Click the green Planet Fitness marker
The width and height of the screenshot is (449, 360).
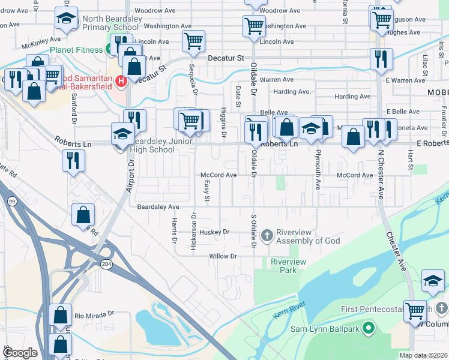click(112, 50)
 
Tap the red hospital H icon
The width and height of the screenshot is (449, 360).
click(121, 80)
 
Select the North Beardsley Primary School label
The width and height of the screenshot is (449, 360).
click(110, 23)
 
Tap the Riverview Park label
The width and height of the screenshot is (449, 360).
click(288, 266)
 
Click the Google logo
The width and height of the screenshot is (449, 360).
click(20, 353)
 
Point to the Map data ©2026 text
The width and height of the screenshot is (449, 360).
click(423, 355)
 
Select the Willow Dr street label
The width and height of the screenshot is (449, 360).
click(223, 256)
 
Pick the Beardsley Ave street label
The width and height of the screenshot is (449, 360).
click(158, 206)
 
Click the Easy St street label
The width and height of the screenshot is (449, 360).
click(207, 191)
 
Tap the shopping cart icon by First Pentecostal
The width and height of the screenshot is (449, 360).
click(415, 311)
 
